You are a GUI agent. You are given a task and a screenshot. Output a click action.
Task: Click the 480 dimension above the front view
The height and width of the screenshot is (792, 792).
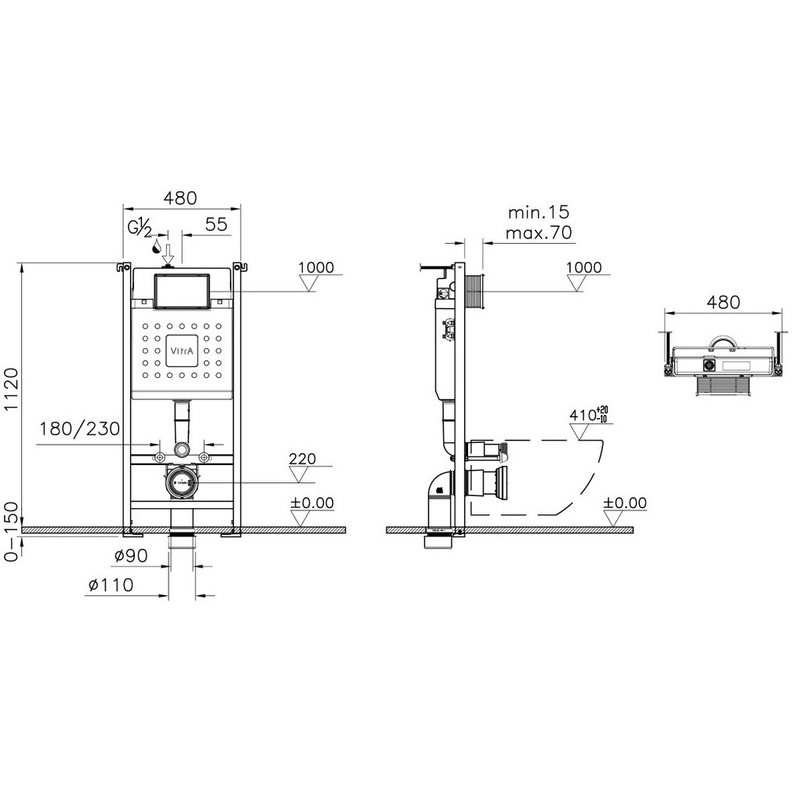pos(180,198)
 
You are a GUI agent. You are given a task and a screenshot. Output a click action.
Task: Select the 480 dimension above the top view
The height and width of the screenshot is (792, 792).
pos(723,302)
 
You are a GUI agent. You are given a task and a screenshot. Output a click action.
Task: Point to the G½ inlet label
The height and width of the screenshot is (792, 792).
pos(140,227)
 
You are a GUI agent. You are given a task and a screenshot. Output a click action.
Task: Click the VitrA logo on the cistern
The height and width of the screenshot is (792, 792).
pos(181,351)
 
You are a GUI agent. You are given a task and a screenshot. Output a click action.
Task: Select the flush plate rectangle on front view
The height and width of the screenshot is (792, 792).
pos(181,292)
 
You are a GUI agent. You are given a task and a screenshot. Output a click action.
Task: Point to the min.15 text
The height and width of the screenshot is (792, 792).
pos(538,212)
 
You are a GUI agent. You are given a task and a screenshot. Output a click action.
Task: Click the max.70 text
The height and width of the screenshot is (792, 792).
pos(538,232)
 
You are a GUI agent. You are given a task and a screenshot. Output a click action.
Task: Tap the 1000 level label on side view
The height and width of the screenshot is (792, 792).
pos(584,267)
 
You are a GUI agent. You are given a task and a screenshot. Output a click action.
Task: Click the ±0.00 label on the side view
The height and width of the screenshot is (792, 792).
pos(626,503)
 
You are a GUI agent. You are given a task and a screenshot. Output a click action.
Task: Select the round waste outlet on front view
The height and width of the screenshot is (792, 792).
pos(181,482)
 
